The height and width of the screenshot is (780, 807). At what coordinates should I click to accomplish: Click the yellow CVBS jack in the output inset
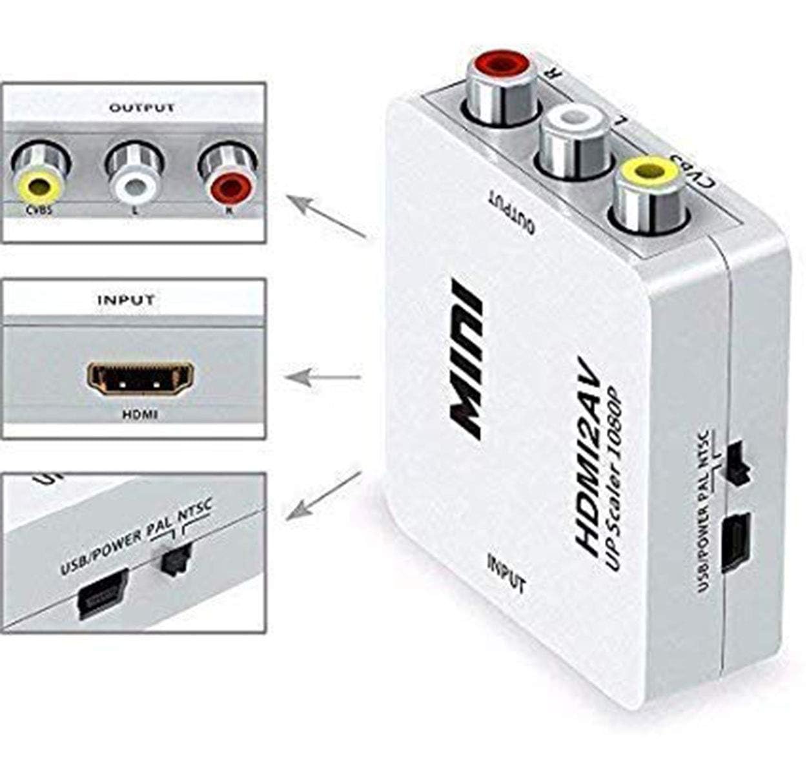point(39,174)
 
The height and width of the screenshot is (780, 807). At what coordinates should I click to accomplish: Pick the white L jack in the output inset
point(134,174)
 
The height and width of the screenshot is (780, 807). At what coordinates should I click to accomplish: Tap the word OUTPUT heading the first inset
point(141,108)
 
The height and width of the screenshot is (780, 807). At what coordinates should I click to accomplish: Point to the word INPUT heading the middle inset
point(126,300)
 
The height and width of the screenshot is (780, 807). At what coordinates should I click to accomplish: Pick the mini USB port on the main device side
point(737,544)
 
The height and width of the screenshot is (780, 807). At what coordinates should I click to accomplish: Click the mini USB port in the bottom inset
point(102,594)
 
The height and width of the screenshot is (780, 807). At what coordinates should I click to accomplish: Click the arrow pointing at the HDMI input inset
point(323,377)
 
